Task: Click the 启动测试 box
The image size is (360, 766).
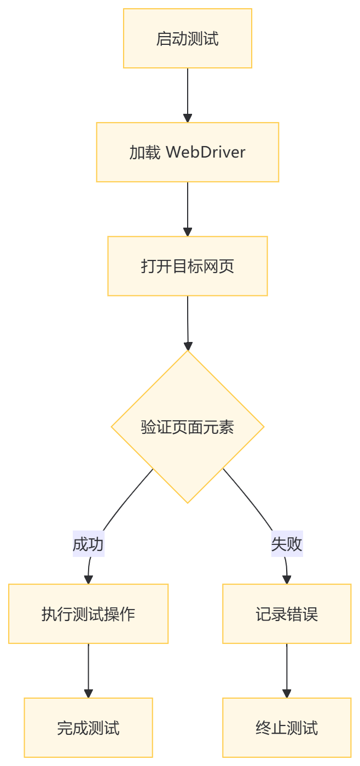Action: pos(188,39)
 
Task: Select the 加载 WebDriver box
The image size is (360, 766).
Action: pos(188,152)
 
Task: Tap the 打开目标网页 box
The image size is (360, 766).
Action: pos(188,266)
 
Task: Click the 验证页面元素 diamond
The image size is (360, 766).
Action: pos(188,427)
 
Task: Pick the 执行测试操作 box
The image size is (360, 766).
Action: pos(88,614)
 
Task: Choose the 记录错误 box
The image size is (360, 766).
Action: pos(287,614)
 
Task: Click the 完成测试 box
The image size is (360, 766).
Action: pos(88,728)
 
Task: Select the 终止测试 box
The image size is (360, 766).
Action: pos(287,728)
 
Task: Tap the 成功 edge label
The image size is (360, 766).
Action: pos(88,544)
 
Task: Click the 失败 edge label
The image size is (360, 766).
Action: pos(287,544)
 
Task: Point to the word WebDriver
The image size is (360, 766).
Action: pos(206,152)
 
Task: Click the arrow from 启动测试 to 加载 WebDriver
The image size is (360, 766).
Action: pos(188,93)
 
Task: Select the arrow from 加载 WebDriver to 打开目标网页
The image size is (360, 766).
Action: pos(188,207)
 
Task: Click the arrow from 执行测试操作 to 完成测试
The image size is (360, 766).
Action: pos(88,668)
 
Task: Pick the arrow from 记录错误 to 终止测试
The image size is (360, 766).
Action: pos(287,668)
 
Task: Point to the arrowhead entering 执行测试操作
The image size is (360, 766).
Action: pos(88,579)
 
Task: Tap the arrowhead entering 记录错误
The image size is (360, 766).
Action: pos(287,579)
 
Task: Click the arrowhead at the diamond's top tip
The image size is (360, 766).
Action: pos(188,346)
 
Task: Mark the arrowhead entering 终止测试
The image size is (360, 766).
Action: pos(287,693)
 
